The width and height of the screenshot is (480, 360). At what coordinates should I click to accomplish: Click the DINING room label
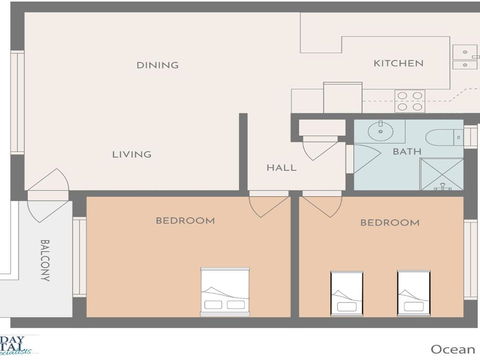point(157,65)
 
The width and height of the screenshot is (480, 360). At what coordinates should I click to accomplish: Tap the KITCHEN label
point(398,63)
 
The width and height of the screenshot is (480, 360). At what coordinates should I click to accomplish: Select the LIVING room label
point(131,154)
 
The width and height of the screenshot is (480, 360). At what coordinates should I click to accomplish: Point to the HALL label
point(281,167)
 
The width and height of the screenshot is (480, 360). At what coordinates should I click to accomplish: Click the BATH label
point(406,152)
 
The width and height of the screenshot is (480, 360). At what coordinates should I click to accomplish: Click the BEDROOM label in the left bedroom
point(185,220)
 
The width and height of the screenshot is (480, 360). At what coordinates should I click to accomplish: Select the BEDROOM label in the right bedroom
point(389,222)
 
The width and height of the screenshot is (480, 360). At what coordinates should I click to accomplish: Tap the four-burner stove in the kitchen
point(408,101)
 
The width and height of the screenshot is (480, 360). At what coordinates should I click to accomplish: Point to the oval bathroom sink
point(380,130)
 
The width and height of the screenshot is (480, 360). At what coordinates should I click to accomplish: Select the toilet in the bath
point(441,138)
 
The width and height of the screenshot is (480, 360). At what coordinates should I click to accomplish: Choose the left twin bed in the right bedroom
point(347,293)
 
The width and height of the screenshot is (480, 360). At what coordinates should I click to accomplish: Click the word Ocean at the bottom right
point(452,348)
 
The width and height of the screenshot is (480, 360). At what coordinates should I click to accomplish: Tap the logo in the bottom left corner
point(19,346)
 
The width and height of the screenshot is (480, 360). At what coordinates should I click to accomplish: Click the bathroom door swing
point(363,160)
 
